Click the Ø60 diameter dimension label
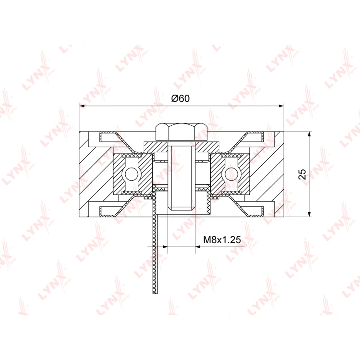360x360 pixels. click(x=180, y=98)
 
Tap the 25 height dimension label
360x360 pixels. click(x=302, y=174)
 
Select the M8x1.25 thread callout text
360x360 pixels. click(x=222, y=240)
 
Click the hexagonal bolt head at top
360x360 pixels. click(x=181, y=132)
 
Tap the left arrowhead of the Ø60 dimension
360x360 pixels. click(x=82, y=106)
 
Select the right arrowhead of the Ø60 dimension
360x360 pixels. click(x=281, y=106)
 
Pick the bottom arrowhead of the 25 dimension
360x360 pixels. click(x=310, y=214)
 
